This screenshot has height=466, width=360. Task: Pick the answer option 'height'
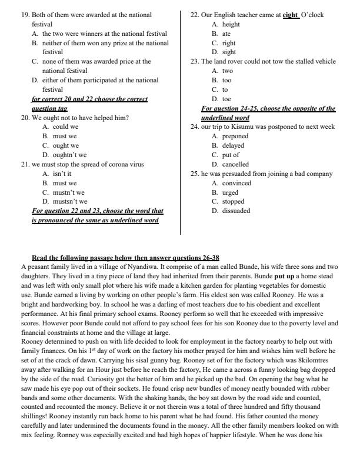(231, 24)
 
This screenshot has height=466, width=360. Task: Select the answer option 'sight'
(229, 52)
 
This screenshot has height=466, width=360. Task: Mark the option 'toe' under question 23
(226, 99)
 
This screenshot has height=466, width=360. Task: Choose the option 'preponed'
(235, 136)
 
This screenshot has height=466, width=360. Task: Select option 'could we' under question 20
(65, 127)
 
